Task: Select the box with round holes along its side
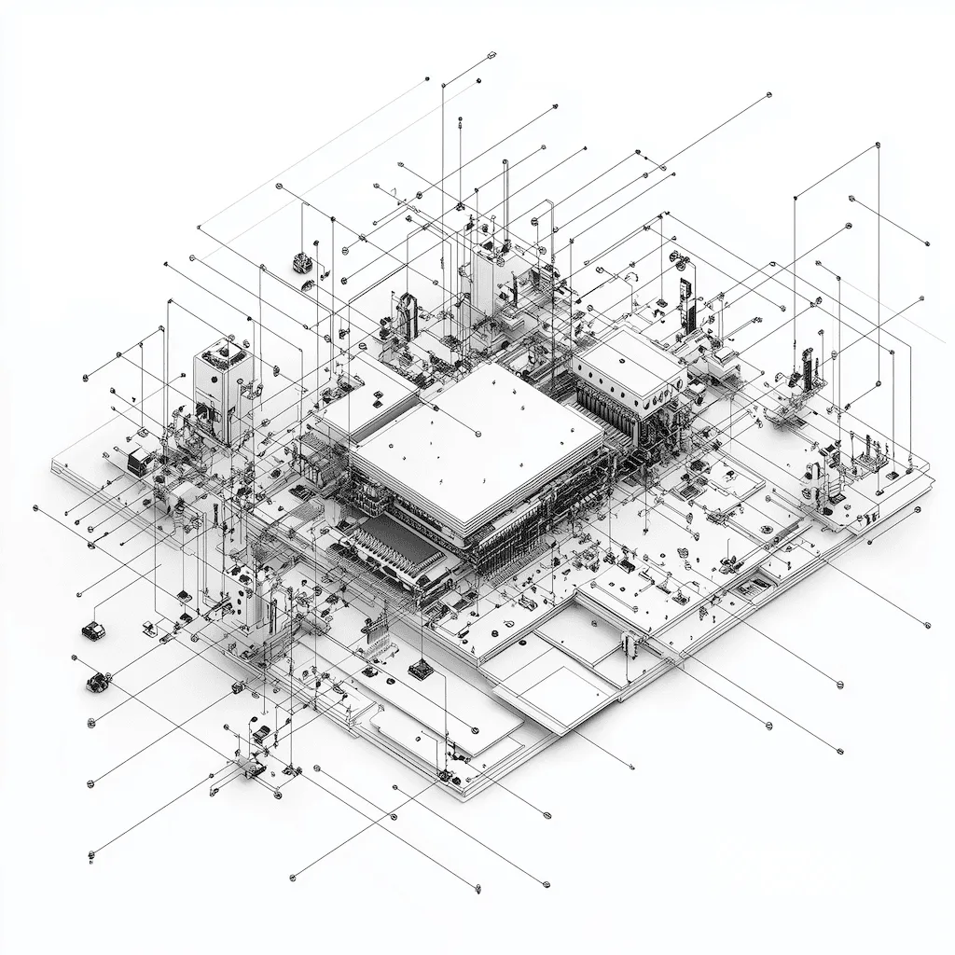pos(630,373)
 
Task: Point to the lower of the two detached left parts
pos(97,683)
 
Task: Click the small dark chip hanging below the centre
pos(421,667)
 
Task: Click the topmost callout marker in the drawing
pos(491,57)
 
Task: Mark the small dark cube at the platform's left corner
pos(137,459)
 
